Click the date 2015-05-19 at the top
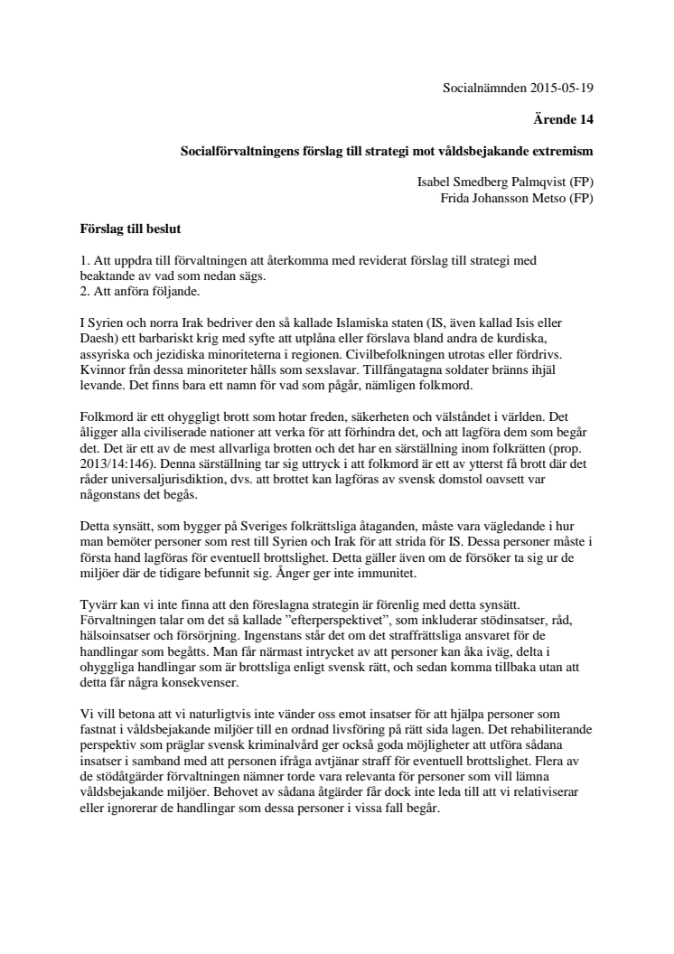point(562,89)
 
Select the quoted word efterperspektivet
point(306,618)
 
